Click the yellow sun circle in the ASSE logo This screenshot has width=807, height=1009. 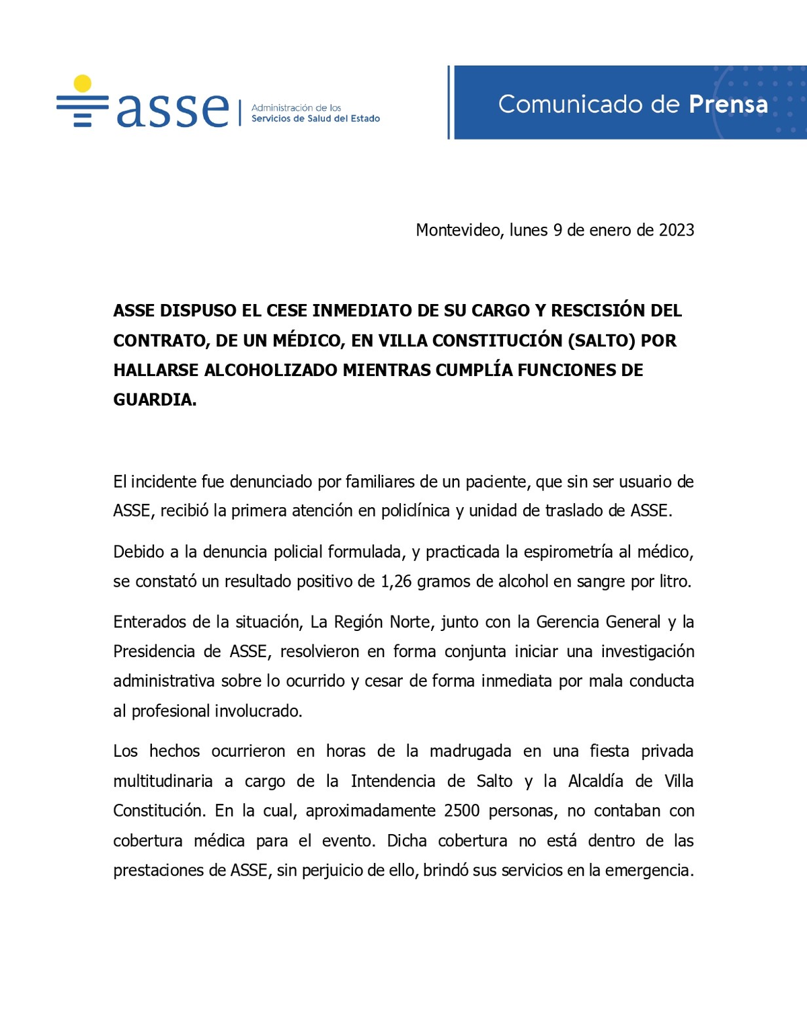pyautogui.click(x=82, y=83)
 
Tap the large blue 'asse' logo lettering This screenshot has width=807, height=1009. pyautogui.click(x=173, y=109)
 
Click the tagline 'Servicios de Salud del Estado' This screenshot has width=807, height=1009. pyautogui.click(x=315, y=118)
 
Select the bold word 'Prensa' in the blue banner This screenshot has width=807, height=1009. pyautogui.click(x=728, y=104)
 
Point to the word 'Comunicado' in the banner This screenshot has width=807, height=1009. pyautogui.click(x=570, y=104)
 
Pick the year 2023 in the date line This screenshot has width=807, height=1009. pyautogui.click(x=677, y=230)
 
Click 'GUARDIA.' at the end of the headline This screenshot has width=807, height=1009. pyautogui.click(x=155, y=400)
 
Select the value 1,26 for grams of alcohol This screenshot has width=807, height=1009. pyautogui.click(x=396, y=581)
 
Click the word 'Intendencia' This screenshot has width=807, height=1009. pyautogui.click(x=393, y=781)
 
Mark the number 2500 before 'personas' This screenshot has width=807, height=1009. pyautogui.click(x=461, y=811)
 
